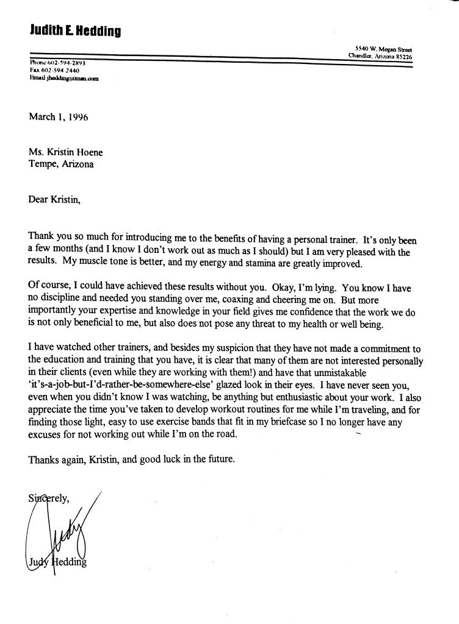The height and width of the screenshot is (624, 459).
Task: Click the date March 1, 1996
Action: tap(59, 118)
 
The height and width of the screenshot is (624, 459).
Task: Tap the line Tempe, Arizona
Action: tap(62, 165)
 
